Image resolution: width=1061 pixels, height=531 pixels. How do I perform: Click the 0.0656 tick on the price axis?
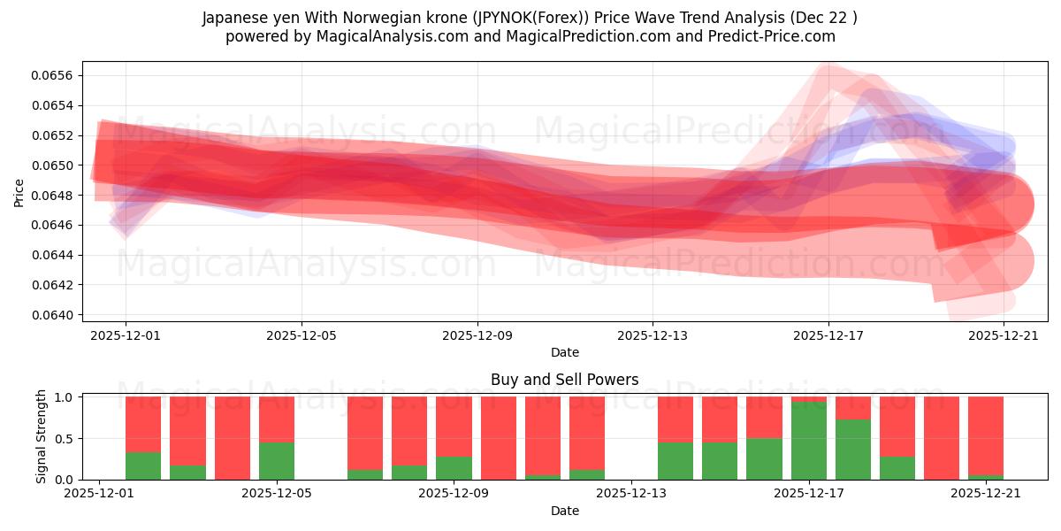coord(53,75)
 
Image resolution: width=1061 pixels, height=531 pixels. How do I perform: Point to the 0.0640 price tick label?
coord(53,315)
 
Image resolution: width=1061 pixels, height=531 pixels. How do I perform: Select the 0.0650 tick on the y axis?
coord(53,165)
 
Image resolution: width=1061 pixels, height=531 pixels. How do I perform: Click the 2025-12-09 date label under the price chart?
coord(477,335)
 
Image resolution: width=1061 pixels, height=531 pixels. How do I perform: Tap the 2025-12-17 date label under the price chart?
coord(828,335)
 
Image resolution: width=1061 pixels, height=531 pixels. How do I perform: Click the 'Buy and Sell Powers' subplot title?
coord(564,380)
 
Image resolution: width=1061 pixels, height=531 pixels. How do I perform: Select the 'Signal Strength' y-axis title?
coord(41,436)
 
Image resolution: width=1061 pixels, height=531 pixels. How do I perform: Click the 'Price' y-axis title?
coord(19,192)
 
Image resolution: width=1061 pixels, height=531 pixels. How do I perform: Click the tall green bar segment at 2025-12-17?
coord(809,441)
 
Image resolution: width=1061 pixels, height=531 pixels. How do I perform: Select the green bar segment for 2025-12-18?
coord(853,450)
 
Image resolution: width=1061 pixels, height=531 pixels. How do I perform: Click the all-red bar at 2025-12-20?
coord(942,438)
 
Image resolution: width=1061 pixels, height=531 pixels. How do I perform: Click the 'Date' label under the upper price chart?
coord(564,352)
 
